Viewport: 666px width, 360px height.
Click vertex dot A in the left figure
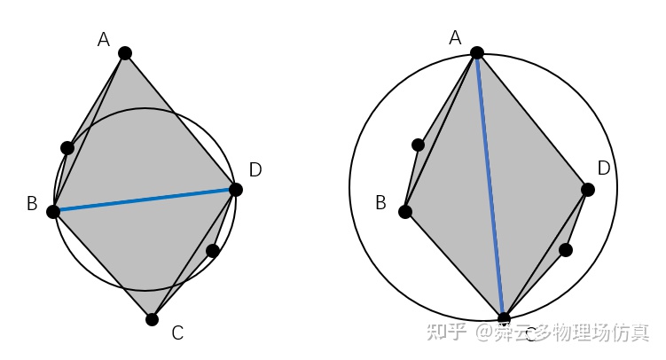pyautogui.click(x=125, y=53)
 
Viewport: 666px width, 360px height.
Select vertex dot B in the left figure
pyautogui.click(x=53, y=211)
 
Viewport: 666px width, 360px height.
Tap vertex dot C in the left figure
pyautogui.click(x=153, y=319)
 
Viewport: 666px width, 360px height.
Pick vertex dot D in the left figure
pyautogui.click(x=235, y=189)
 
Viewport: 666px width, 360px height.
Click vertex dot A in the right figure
pyautogui.click(x=477, y=52)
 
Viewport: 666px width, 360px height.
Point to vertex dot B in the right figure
pyautogui.click(x=405, y=211)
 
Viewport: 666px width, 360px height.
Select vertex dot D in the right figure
pyautogui.click(x=587, y=189)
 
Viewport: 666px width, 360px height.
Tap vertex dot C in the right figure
pyautogui.click(x=504, y=318)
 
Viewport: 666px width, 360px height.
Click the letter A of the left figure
pyautogui.click(x=104, y=39)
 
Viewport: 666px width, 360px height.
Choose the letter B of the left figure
pyautogui.click(x=31, y=204)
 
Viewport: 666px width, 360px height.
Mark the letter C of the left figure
pyautogui.click(x=177, y=333)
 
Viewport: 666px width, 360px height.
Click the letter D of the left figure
pyautogui.click(x=255, y=169)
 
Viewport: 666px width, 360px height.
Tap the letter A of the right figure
pyautogui.click(x=456, y=37)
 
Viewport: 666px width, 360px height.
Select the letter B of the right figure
pyautogui.click(x=380, y=203)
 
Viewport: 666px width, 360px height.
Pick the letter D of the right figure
pyautogui.click(x=604, y=168)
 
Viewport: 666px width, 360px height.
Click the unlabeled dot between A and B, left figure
pyautogui.click(x=67, y=147)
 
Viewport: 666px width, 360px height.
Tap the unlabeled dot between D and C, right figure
pyautogui.click(x=566, y=250)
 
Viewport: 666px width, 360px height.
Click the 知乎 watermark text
pyautogui.click(x=446, y=333)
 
